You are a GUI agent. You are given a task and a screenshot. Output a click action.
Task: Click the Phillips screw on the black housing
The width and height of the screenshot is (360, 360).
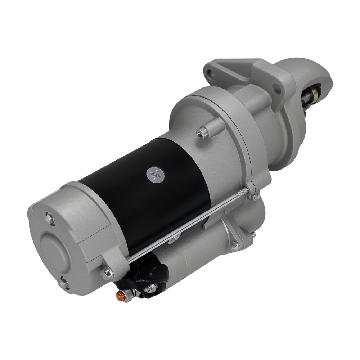(x=156, y=175)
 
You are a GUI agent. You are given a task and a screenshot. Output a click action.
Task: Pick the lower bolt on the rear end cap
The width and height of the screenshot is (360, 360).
(x=64, y=283)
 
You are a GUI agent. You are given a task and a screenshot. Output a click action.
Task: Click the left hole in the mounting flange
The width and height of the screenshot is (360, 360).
(x=212, y=75)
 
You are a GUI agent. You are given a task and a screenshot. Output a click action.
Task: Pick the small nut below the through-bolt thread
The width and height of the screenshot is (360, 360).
(x=256, y=196)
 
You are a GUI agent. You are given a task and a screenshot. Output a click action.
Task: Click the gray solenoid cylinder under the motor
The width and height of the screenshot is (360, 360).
(x=202, y=252)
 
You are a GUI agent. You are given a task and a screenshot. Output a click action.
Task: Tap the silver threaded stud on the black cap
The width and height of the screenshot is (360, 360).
(x=151, y=288)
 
